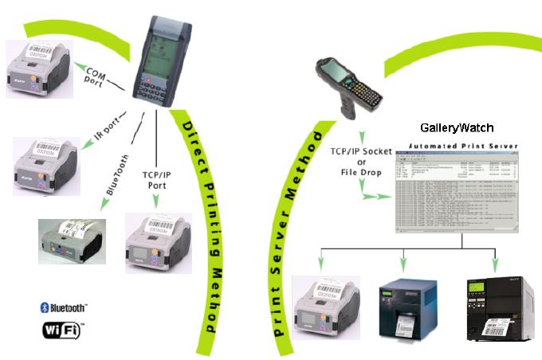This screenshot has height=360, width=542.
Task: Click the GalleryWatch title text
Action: click(457, 127)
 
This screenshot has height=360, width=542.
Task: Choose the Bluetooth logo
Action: click(63, 307)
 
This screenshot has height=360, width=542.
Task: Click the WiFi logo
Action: click(61, 328)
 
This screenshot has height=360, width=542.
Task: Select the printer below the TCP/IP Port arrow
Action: click(159, 243)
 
